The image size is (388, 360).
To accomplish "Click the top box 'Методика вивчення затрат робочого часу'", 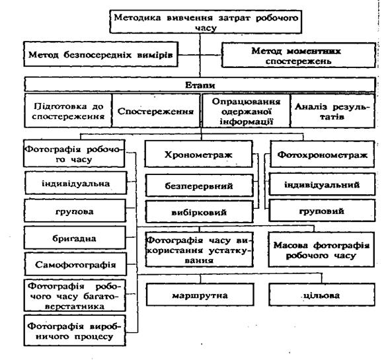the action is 206,22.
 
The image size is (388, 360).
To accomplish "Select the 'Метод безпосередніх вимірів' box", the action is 101,54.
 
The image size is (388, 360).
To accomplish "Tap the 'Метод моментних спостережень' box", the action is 298,55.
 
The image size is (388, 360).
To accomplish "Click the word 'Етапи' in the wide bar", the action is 200,85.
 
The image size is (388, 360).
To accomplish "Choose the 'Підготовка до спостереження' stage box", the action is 68,110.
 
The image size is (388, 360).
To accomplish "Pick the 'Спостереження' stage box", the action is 156,110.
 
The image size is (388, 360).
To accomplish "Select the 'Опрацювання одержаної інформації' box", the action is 246,110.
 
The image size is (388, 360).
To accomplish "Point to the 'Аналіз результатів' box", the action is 332,110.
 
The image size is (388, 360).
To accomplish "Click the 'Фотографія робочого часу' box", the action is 74,153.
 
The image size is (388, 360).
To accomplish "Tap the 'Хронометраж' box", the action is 198,154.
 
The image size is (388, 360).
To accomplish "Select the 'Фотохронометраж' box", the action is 322,154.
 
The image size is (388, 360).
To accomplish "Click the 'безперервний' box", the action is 200,186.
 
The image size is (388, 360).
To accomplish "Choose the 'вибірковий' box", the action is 200,211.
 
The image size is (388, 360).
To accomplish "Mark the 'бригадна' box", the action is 75,238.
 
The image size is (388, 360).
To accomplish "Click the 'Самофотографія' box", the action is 75,264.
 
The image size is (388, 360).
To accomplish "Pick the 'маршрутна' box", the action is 200,295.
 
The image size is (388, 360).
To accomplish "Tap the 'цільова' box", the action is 322,295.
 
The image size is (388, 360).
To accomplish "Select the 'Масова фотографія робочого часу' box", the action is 321,250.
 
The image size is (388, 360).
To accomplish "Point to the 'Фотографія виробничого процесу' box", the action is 75,330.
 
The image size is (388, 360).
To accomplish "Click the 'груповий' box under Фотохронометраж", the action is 322,211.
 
